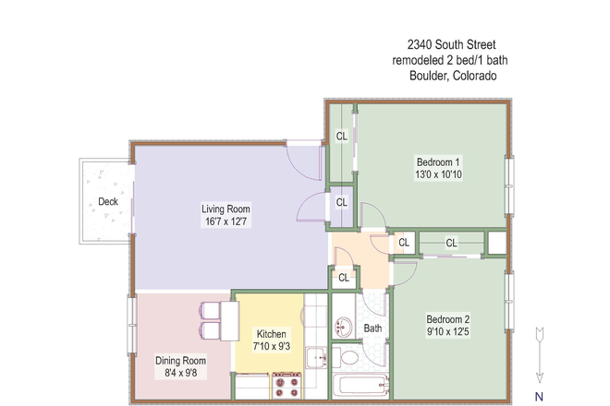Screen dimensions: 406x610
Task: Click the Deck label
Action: [108, 202]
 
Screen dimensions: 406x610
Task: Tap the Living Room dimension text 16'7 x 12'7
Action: [226, 221]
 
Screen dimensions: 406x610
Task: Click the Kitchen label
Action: [272, 334]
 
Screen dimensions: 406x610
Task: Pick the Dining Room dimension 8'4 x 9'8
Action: [180, 373]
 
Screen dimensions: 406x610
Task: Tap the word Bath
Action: [372, 328]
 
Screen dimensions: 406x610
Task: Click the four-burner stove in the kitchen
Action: [287, 385]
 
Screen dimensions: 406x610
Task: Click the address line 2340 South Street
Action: [452, 44]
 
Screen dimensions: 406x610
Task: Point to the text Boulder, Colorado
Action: [453, 77]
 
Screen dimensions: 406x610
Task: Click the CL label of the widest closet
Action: [451, 244]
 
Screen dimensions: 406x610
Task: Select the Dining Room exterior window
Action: [131, 322]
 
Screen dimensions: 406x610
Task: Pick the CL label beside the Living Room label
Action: [341, 202]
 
